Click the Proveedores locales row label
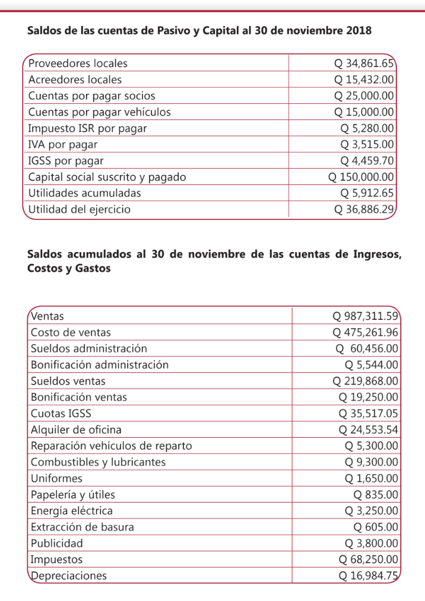click(x=78, y=63)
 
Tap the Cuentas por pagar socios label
click(x=92, y=96)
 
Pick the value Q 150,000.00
click(x=361, y=177)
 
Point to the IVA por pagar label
click(x=63, y=144)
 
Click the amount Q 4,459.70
click(x=367, y=161)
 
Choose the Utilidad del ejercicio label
click(x=80, y=209)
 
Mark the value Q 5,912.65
click(x=367, y=193)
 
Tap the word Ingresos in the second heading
click(x=371, y=255)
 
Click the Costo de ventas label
click(x=71, y=332)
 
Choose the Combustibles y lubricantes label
click(x=98, y=462)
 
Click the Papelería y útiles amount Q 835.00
click(x=375, y=494)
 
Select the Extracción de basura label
click(x=83, y=527)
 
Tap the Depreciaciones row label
click(x=69, y=575)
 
